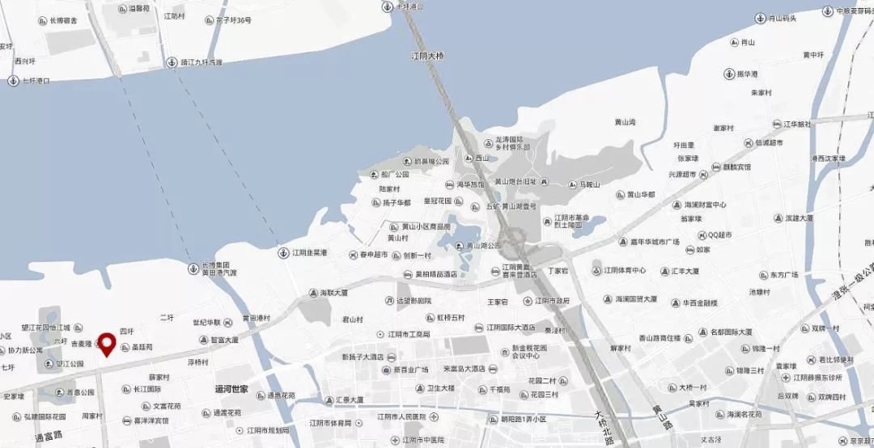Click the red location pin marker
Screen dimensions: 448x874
tap(105, 344)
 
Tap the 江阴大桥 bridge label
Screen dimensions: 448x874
tap(428, 56)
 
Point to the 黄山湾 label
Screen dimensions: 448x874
tap(625, 122)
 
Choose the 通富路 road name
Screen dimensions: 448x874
tap(48, 437)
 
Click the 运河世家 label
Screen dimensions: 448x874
tap(231, 389)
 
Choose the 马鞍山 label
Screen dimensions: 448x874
tap(588, 184)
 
